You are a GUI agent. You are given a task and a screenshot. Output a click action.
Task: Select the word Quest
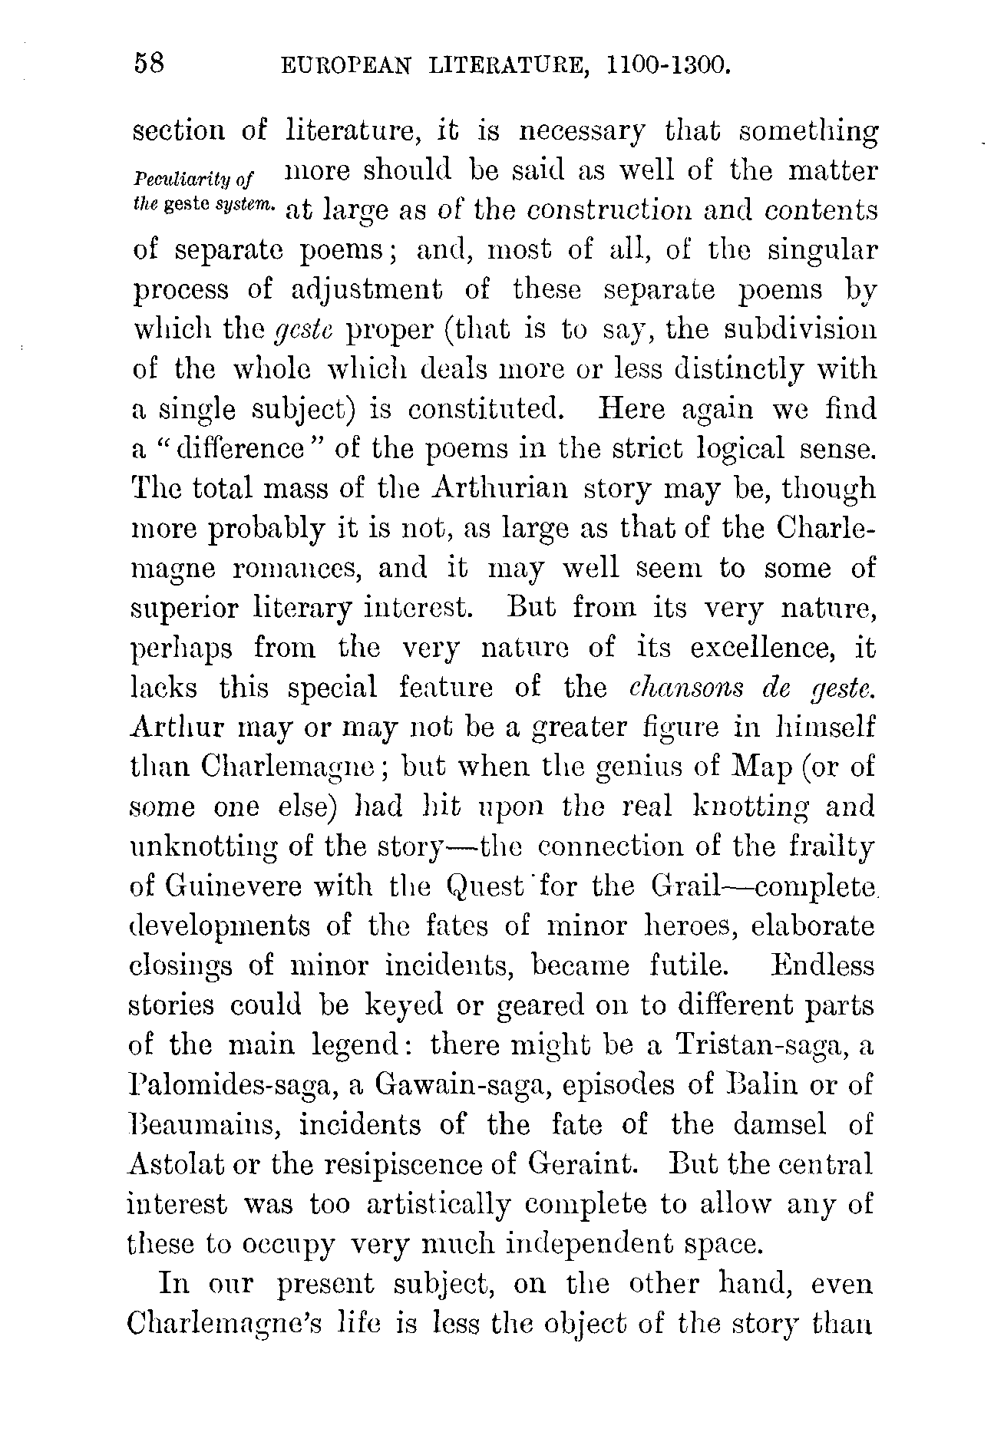click(484, 888)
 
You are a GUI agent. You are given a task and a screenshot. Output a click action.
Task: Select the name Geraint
click(583, 1165)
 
